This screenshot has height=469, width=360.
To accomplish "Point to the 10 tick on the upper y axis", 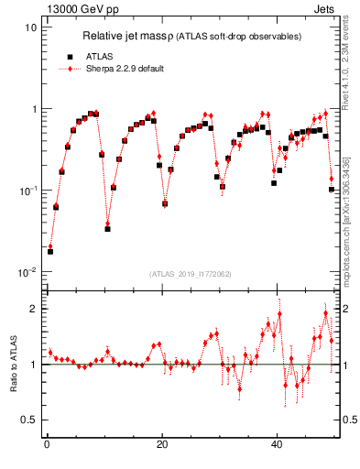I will coord(30,27).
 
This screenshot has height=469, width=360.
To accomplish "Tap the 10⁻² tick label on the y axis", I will coord(27,272).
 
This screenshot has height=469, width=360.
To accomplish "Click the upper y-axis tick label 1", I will coord(33,109).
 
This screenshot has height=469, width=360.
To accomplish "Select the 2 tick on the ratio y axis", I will coord(33,309).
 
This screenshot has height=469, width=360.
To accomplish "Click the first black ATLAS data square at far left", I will coord(50,251).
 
